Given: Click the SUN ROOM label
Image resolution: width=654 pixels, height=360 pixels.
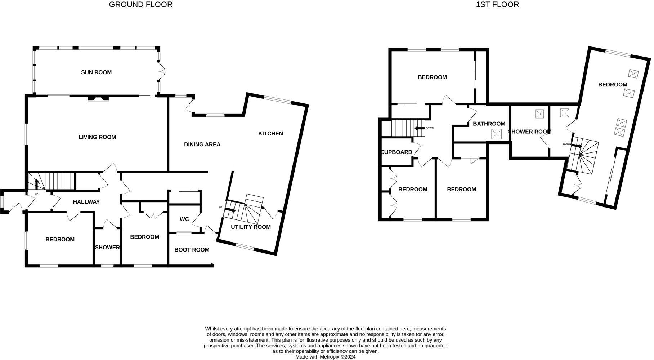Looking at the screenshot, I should tap(96, 72).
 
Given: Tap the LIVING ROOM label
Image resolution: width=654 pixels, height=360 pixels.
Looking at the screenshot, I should tap(97, 137).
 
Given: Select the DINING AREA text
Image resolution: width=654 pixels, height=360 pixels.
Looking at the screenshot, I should tap(202, 145).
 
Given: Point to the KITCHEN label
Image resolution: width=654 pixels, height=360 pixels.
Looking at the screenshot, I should tap(270, 134).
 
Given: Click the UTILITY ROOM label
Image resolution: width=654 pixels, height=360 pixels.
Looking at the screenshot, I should tap(251, 227).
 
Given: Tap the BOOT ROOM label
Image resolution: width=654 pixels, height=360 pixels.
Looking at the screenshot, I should tap(192, 250).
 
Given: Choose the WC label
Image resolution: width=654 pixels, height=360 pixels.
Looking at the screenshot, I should tap(184, 219).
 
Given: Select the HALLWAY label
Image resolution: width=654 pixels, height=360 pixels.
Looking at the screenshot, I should tap(86, 202).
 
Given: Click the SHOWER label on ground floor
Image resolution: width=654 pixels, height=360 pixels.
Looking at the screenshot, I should tap(107, 248).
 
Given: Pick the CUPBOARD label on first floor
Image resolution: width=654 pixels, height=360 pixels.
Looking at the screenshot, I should tap(397, 152).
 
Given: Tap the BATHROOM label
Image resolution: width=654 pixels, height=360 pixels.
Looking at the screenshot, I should tap(489, 124).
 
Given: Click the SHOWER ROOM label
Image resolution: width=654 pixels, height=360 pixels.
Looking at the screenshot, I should tap(529, 132).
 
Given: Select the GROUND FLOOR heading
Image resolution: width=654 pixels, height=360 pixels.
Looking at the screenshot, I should tap(140, 5).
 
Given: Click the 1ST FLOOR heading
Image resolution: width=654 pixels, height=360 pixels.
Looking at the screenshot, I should tap(497, 5).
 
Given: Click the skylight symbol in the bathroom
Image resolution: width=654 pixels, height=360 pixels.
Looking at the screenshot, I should tap(497, 134).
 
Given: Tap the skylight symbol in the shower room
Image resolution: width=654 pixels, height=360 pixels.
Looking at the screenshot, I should tap(539, 114).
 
